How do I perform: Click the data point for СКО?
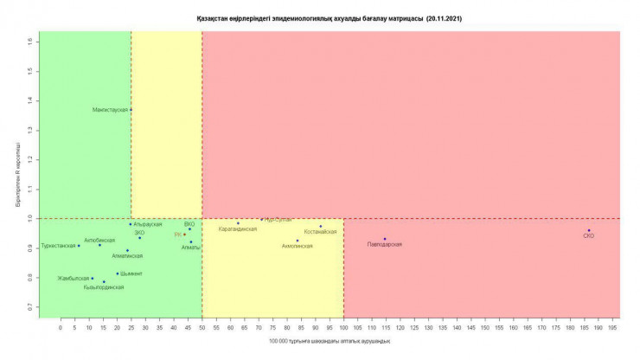pos(589,230)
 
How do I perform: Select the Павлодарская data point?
pos(385,239)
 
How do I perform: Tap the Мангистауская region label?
pos(112,110)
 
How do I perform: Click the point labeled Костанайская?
pos(320,227)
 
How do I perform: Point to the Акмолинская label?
pos(298,246)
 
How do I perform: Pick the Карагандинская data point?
pos(239,223)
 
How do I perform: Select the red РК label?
pos(178,235)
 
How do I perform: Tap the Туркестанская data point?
pos(79,246)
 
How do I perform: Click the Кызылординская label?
pos(104,287)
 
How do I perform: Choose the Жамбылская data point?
pos(93,279)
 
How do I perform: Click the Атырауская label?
pos(148,224)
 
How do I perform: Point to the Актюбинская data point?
pos(99,245)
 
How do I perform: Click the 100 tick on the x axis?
pos(343,329)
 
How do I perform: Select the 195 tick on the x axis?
pos(613,329)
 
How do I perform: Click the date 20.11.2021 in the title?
pos(444,17)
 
